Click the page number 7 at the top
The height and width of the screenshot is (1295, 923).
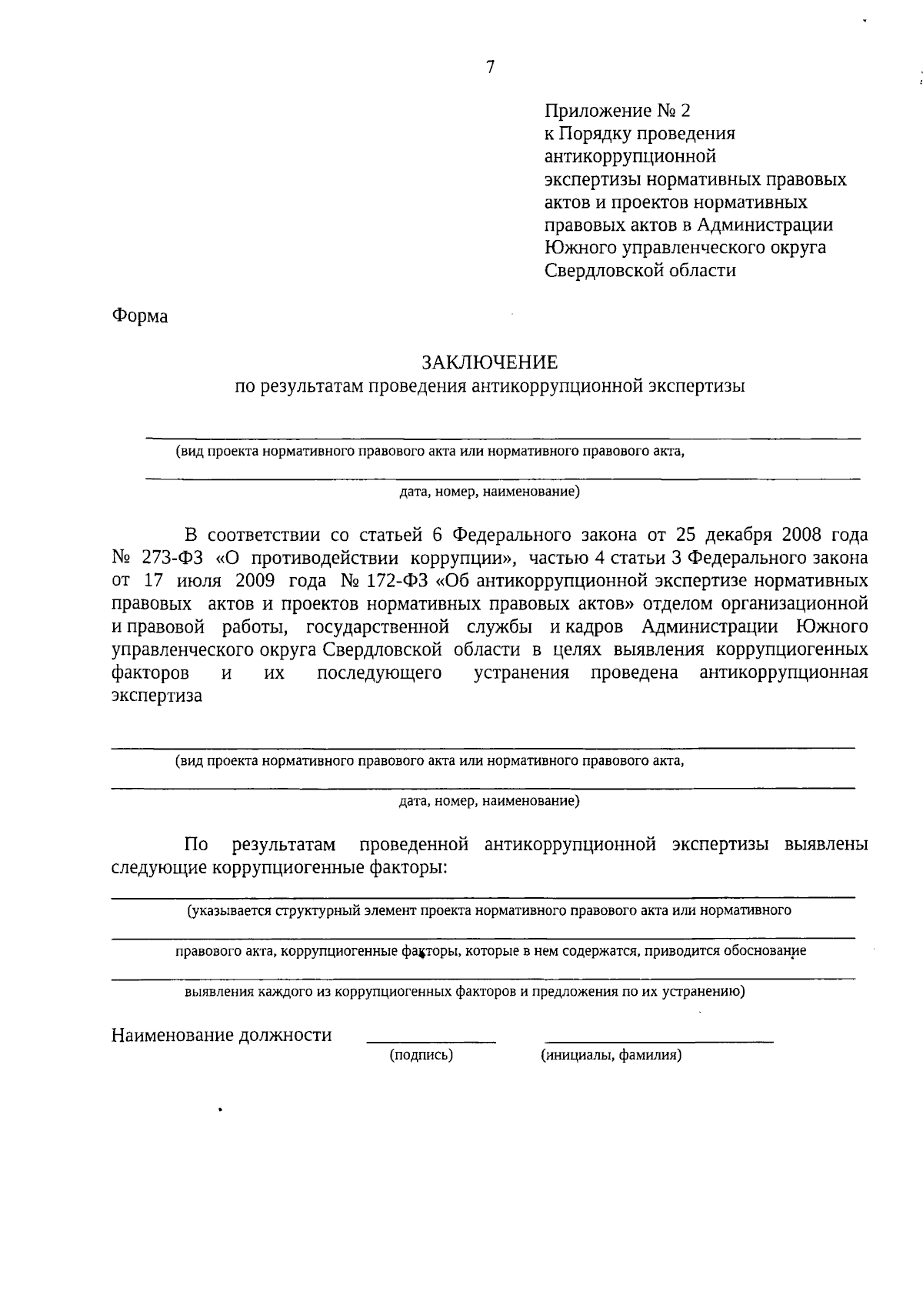click(x=490, y=67)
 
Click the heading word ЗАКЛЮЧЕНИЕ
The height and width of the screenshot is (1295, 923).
click(x=489, y=362)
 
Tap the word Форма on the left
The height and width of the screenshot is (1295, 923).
click(x=140, y=316)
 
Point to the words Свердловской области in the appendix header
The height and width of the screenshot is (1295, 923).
click(x=640, y=271)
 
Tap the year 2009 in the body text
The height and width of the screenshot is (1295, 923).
click(x=248, y=580)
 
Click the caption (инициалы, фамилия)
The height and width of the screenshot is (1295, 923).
click(x=611, y=1056)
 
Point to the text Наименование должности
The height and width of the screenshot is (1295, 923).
click(x=222, y=1036)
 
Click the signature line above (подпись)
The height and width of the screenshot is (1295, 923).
click(x=432, y=1042)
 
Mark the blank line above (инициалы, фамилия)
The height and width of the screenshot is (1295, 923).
click(x=659, y=1042)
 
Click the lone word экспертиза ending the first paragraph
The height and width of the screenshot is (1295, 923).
click(x=157, y=696)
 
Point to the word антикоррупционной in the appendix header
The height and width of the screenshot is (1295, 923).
click(x=631, y=157)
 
